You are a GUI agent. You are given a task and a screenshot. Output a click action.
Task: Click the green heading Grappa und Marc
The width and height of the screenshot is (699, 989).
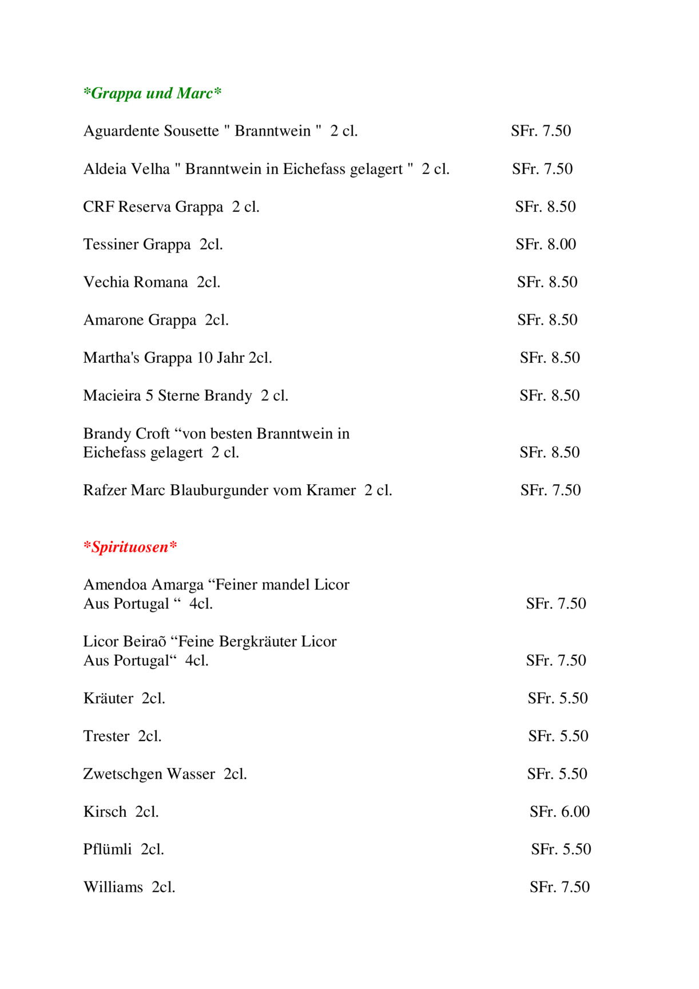coord(152,93)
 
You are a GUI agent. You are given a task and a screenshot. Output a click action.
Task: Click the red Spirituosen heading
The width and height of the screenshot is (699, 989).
coord(130,547)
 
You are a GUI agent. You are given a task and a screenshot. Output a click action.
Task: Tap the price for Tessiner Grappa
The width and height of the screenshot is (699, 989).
coord(546,244)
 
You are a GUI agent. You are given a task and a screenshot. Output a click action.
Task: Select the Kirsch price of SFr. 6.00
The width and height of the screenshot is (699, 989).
coord(559,812)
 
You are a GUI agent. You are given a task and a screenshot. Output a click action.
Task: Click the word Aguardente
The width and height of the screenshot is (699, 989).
coord(121,131)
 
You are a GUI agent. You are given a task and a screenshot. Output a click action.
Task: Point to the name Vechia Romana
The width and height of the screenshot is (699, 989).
coord(136,282)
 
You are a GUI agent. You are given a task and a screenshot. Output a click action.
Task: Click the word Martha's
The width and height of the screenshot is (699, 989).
coord(112,358)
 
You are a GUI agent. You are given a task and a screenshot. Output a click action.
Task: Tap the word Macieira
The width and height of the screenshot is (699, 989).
coord(112,395)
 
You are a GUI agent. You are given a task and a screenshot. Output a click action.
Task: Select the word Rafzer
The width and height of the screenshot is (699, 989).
coord(105,490)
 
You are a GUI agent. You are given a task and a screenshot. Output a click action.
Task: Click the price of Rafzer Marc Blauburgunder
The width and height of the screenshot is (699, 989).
coord(550,490)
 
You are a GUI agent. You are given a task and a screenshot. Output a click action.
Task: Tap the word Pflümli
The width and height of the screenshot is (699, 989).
coord(108,849)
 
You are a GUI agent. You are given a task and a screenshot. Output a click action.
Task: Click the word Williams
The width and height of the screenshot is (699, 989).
coord(113,887)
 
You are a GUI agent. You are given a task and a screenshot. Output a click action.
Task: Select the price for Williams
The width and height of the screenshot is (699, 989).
coord(559,887)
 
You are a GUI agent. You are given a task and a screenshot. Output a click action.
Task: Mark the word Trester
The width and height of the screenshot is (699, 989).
coord(106,736)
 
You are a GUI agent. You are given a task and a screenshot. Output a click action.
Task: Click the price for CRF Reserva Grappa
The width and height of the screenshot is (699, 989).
coord(545,207)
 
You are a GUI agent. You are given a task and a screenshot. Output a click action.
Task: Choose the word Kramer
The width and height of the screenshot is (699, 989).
coord(331,490)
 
